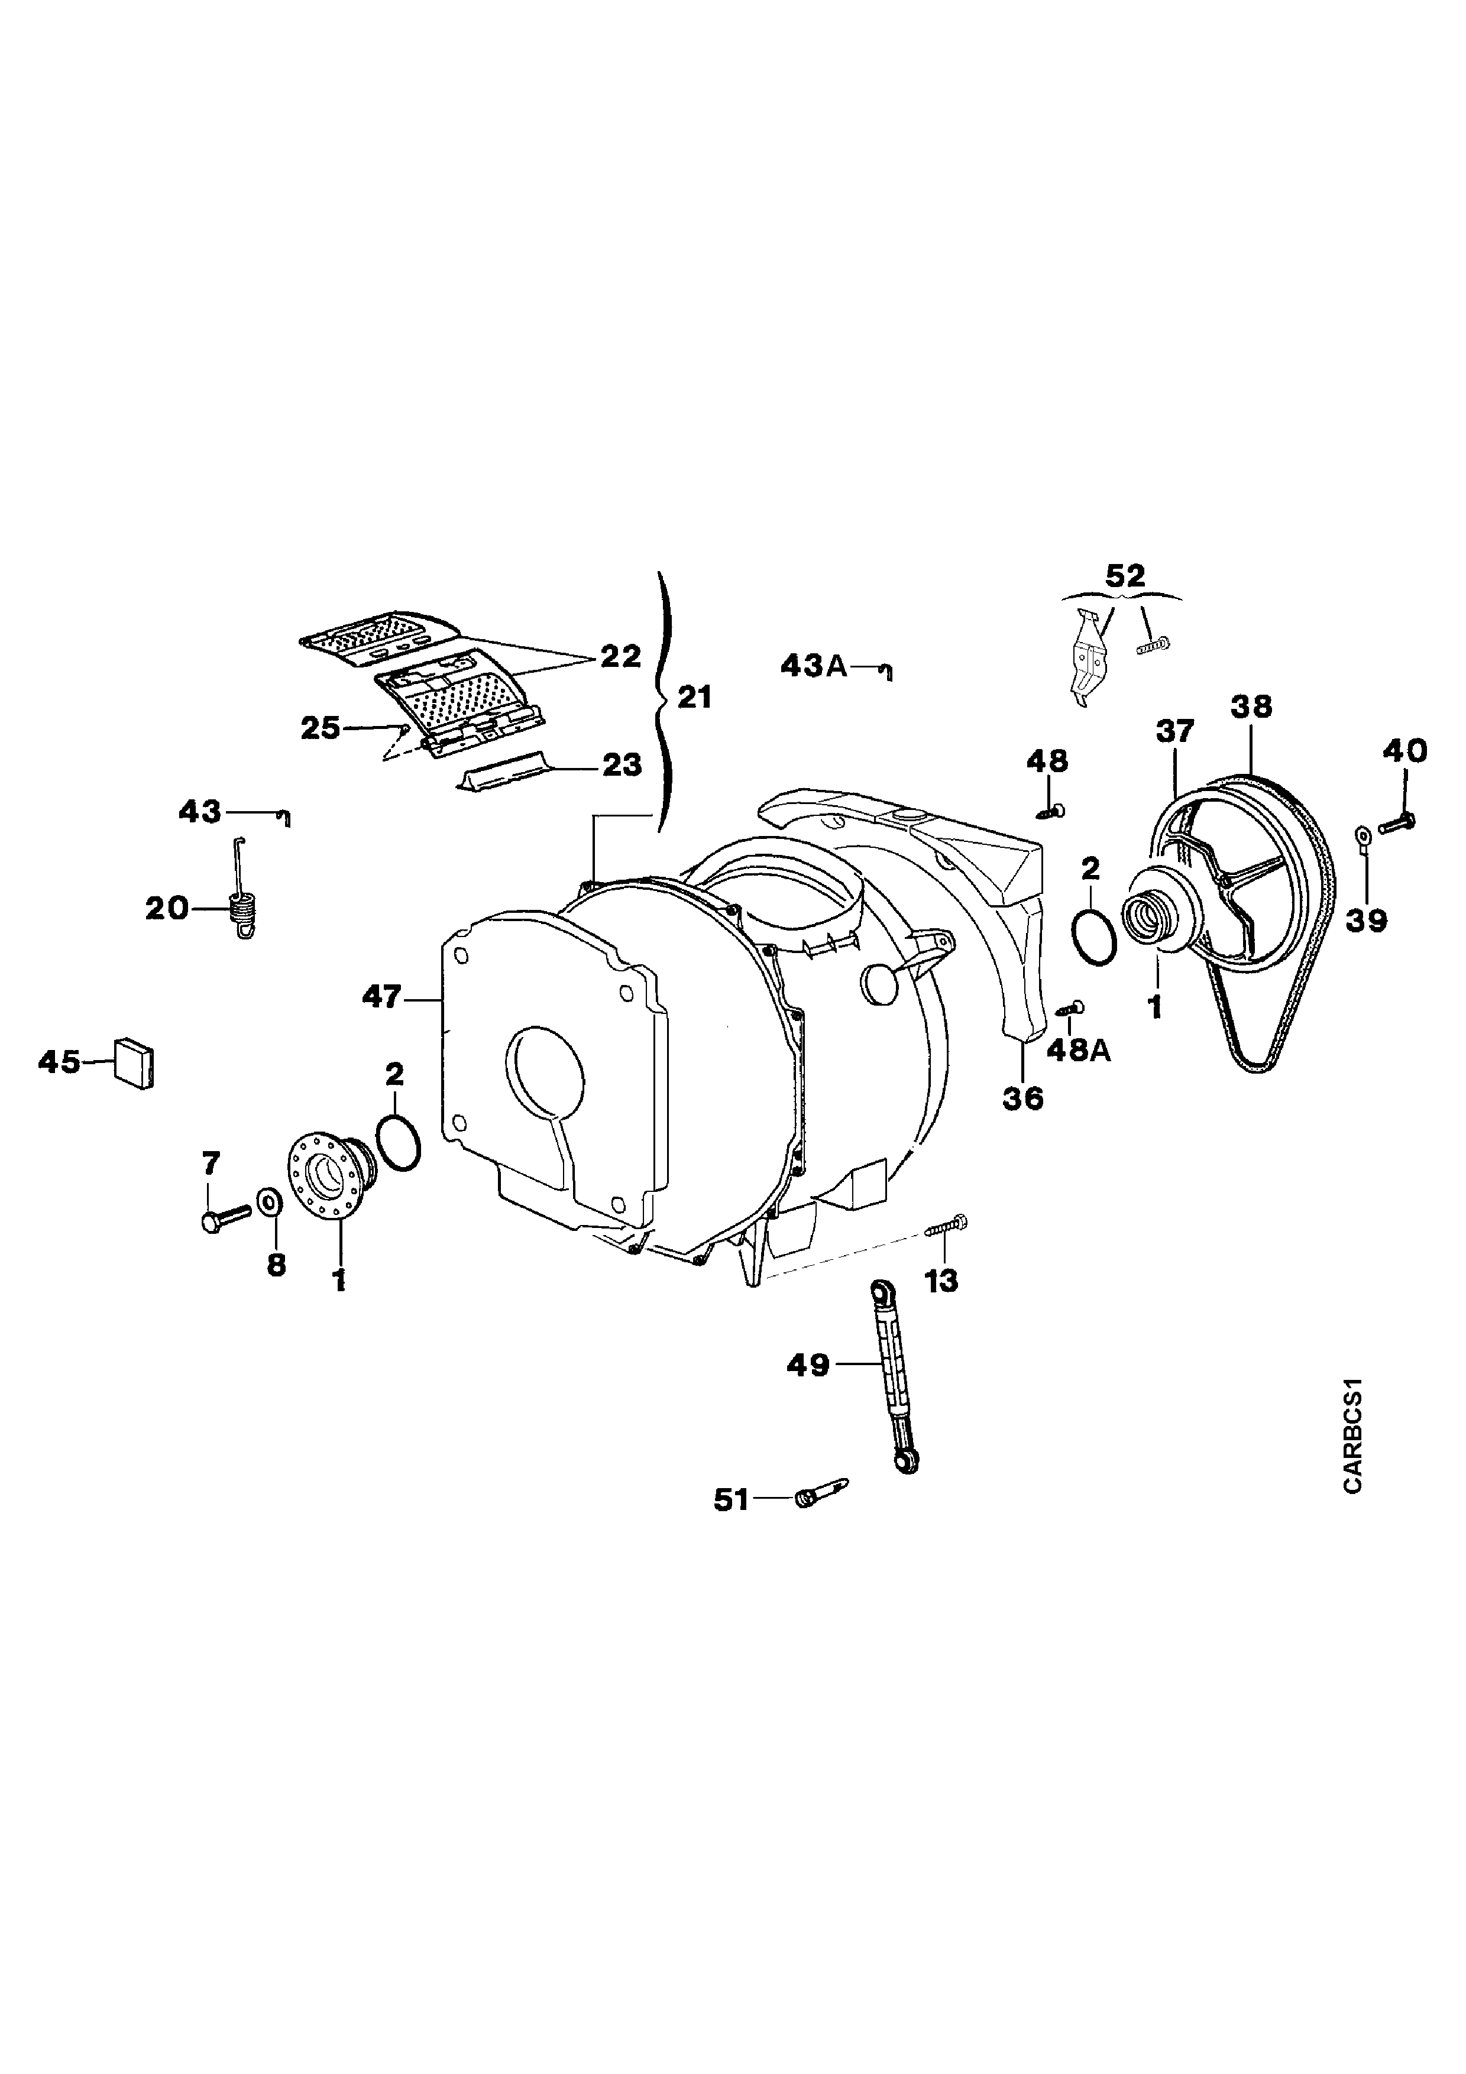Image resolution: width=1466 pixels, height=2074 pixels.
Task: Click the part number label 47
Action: [x=382, y=997]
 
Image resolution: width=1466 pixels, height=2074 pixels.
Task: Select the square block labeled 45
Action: [x=133, y=1064]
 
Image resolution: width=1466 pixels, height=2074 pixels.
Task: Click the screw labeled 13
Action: [x=947, y=1226]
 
